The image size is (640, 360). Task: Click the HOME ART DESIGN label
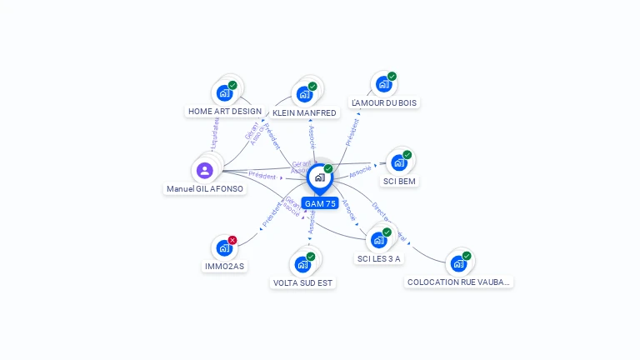pos(224,111)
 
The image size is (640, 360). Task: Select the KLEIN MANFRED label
pos(304,112)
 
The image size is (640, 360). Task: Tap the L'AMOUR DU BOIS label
pos(384,102)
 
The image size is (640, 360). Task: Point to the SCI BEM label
pos(399,181)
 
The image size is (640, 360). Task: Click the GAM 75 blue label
pos(320,203)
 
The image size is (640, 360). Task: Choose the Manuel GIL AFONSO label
pos(205,188)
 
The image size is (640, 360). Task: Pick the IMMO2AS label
pos(224,266)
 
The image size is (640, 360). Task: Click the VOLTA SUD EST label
pos(302,282)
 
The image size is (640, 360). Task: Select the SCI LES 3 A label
pos(379,258)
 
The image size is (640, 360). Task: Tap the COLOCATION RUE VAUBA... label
pos(458,282)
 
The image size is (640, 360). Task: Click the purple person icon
pos(205,170)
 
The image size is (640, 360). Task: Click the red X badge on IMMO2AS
pos(232,240)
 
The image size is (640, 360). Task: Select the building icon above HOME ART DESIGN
pos(223,92)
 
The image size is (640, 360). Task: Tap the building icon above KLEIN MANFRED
pos(304,93)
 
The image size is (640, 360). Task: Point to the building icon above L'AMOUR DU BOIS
pos(382,84)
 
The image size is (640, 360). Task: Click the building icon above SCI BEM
pos(398,162)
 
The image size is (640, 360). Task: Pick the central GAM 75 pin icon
pos(319,177)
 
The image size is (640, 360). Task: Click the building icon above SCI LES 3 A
pos(378,240)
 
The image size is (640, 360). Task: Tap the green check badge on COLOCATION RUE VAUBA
pos(467,256)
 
